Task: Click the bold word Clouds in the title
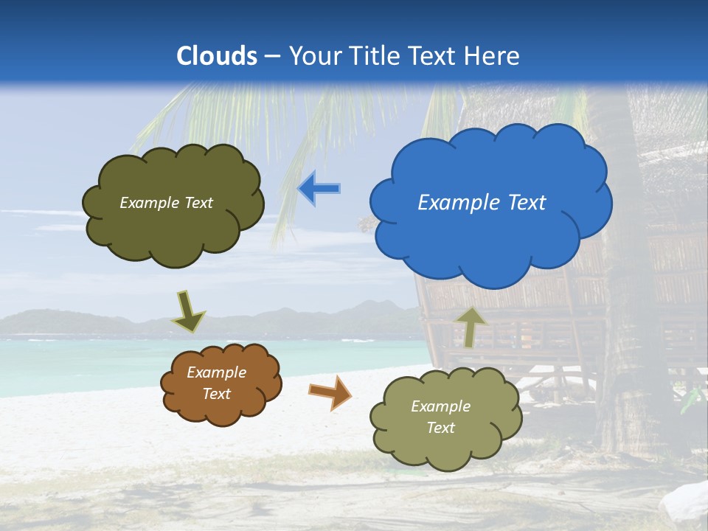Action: point(217,56)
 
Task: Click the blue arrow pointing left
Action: point(319,189)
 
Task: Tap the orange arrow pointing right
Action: point(330,392)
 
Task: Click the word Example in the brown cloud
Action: point(216,372)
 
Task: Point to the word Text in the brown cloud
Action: point(216,394)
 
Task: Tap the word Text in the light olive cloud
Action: point(440,428)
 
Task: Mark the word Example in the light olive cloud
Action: point(440,406)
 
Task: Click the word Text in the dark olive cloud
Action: point(198,203)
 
